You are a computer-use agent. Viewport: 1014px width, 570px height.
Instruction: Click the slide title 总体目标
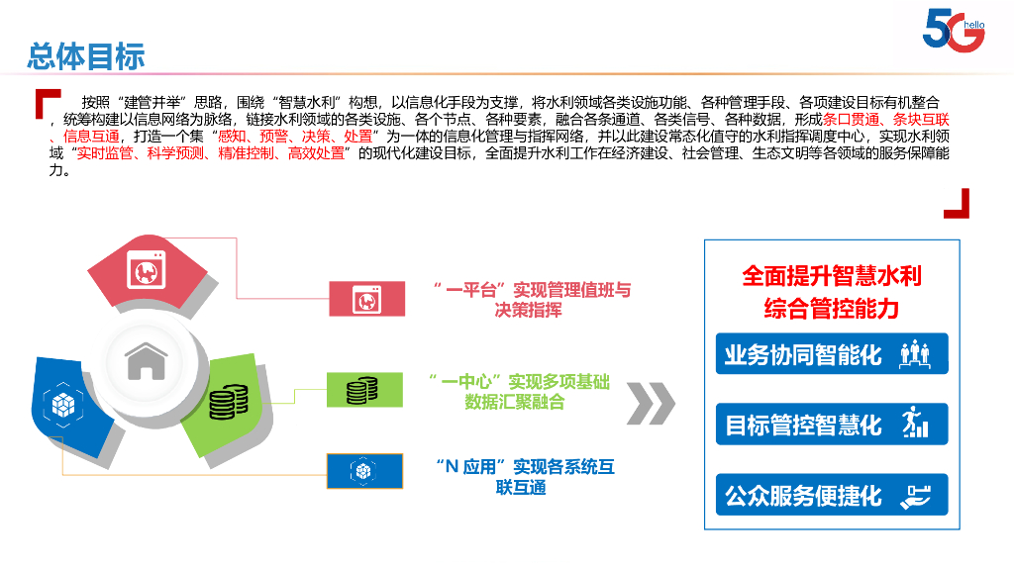86,55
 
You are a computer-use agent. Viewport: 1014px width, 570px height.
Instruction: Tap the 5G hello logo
954,31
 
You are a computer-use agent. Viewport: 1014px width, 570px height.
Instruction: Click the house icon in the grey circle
147,362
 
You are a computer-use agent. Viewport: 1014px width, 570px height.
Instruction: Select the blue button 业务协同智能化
831,354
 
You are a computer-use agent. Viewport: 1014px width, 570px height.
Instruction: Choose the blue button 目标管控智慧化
831,425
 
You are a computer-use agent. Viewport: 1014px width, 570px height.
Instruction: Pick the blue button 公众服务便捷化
831,495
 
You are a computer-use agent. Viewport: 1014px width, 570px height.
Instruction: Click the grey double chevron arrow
651,403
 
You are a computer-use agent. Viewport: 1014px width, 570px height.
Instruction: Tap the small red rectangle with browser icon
366,298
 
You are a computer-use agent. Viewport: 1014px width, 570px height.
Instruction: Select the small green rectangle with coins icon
364,390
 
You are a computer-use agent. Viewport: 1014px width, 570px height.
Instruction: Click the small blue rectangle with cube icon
364,471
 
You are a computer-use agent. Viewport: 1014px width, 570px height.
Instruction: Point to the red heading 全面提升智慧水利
832,276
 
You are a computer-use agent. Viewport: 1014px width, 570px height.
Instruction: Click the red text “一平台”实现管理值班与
532,291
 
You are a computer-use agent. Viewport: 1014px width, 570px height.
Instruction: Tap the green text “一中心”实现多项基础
519,381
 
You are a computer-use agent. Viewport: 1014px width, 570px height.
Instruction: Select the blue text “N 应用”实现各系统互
525,467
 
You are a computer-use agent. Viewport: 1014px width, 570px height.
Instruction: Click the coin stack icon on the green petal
229,401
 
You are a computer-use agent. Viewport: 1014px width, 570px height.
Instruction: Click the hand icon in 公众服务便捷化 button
915,496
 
